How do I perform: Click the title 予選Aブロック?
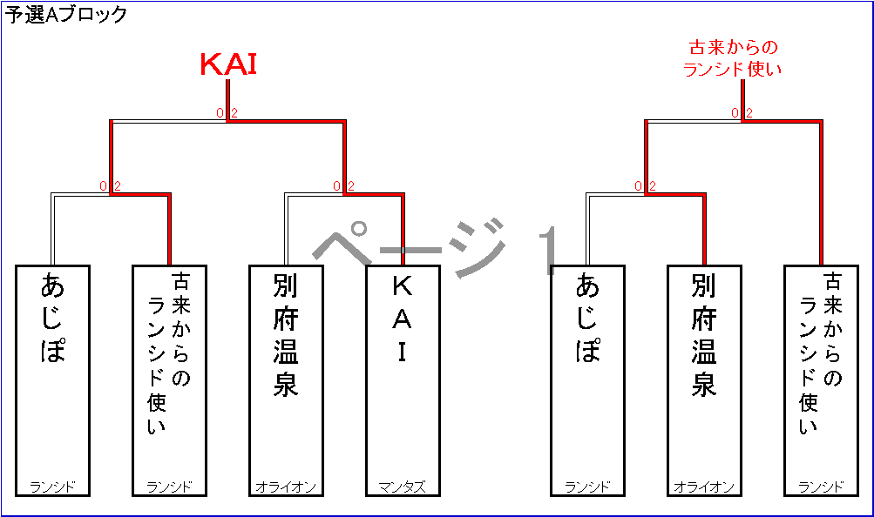pyautogui.click(x=66, y=14)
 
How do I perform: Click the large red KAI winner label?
pyautogui.click(x=228, y=64)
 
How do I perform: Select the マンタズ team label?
pyautogui.click(x=402, y=487)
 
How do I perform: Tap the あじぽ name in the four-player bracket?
pyautogui.click(x=53, y=319)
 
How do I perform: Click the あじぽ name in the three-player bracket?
pyautogui.click(x=588, y=319)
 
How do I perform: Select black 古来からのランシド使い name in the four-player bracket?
pyautogui.click(x=169, y=352)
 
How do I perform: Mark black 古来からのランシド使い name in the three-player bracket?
pyautogui.click(x=820, y=352)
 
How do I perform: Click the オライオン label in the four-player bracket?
pyautogui.click(x=285, y=487)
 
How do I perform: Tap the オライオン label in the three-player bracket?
pyautogui.click(x=703, y=487)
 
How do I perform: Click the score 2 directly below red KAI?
pyautogui.click(x=234, y=113)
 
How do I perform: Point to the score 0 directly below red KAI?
pyautogui.click(x=220, y=113)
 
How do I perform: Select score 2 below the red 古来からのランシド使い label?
pyautogui.click(x=749, y=113)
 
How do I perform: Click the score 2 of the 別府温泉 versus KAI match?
pyautogui.click(x=351, y=186)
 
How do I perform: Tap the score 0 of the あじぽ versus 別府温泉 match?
pyautogui.click(x=638, y=186)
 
